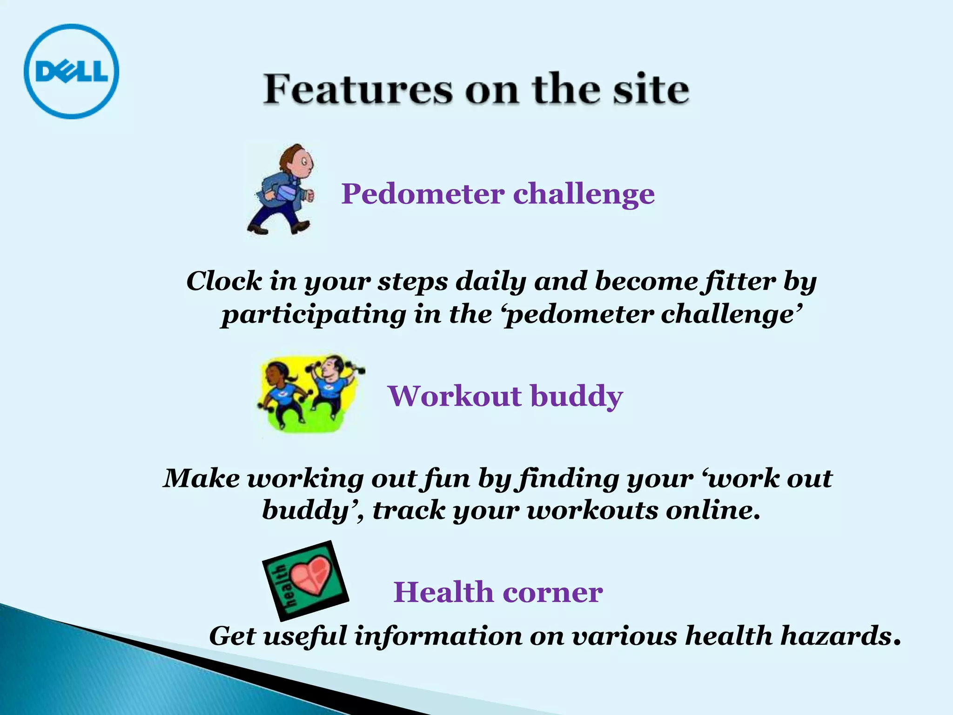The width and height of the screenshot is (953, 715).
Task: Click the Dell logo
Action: coord(71,71)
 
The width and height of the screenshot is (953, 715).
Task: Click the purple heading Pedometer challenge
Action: coord(498,194)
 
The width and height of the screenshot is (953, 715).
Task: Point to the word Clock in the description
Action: coord(224,281)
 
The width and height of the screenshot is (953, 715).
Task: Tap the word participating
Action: coord(314,315)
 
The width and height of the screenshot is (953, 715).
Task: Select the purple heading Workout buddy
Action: coord(505,396)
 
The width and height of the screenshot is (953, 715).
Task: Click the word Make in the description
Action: coord(201,479)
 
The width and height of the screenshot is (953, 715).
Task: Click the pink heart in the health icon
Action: coord(313,575)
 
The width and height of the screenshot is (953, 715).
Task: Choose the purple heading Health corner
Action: coord(498,592)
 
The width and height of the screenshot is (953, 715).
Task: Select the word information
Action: coord(438,636)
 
